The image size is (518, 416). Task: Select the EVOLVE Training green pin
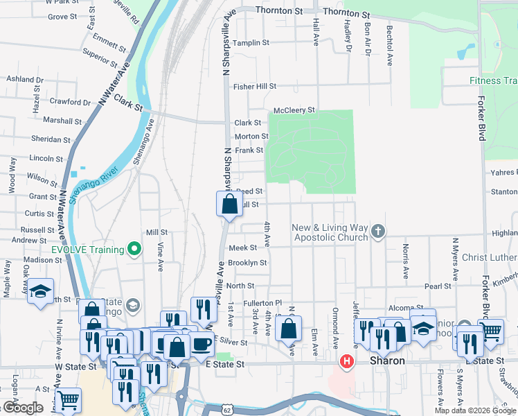136,250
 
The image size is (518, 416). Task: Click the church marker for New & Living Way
377,231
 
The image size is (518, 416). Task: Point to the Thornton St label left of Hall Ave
279,10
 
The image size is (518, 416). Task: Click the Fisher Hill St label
254,87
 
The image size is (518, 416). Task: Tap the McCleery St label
294,110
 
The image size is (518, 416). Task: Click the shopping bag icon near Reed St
229,205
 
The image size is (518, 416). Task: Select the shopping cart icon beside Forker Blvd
490,331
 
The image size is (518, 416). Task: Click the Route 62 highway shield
227,410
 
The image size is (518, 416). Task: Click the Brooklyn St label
247,263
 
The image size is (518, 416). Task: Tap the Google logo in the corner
22,408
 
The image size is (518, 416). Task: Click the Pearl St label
438,286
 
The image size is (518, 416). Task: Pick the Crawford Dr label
70,103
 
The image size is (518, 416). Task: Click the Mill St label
157,232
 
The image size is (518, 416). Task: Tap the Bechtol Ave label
389,45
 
